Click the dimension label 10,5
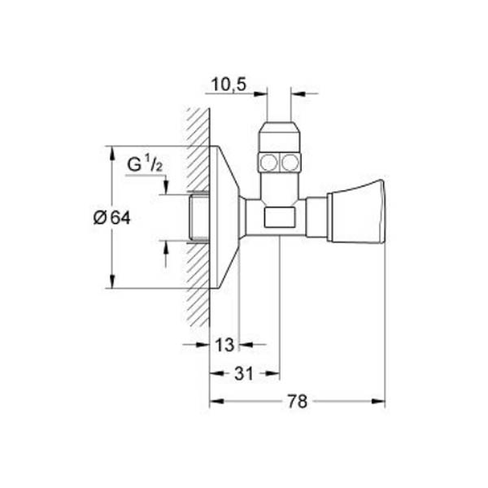[229, 85]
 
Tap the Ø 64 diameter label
[112, 217]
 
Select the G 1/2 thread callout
[145, 164]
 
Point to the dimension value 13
[224, 345]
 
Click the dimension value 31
[244, 373]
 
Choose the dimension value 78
[297, 401]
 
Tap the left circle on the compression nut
[268, 162]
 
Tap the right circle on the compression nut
[290, 162]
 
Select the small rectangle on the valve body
[280, 217]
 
